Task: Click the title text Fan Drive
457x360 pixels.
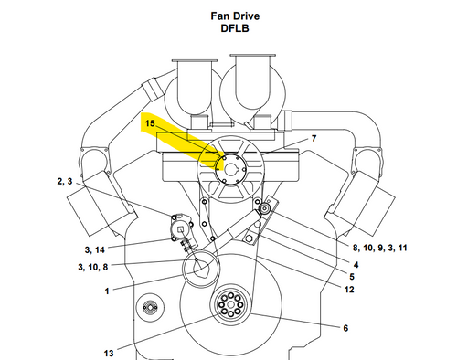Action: (x=235, y=16)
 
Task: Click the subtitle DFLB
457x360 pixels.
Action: (x=235, y=28)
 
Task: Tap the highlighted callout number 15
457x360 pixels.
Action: (x=150, y=123)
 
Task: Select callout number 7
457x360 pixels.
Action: (x=314, y=138)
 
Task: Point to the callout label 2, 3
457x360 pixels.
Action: (x=65, y=182)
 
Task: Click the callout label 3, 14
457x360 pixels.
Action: (x=94, y=250)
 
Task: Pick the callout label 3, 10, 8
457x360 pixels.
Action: (x=93, y=267)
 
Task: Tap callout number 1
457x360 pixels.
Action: (x=107, y=291)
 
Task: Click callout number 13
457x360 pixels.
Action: (x=109, y=354)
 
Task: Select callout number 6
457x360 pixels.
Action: (x=345, y=328)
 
